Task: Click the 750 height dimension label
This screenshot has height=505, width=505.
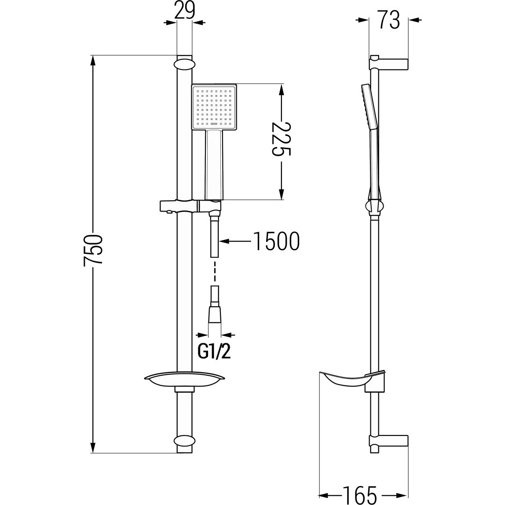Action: [93, 250]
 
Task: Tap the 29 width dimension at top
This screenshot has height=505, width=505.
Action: [185, 11]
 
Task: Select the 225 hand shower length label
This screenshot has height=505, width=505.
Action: [282, 139]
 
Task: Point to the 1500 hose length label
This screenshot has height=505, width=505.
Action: [277, 241]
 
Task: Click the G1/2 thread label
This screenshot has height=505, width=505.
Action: [214, 352]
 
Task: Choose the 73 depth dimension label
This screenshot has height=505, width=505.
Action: [389, 20]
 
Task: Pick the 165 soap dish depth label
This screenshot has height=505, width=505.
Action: [359, 495]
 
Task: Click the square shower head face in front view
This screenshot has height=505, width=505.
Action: [215, 107]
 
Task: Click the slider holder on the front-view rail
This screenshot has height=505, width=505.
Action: [190, 206]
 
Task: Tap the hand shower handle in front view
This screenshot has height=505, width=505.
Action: [214, 164]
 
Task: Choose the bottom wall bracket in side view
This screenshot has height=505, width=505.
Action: [388, 443]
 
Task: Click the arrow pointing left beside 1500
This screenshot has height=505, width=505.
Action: [235, 241]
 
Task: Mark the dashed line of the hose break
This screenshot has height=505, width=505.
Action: [215, 271]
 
